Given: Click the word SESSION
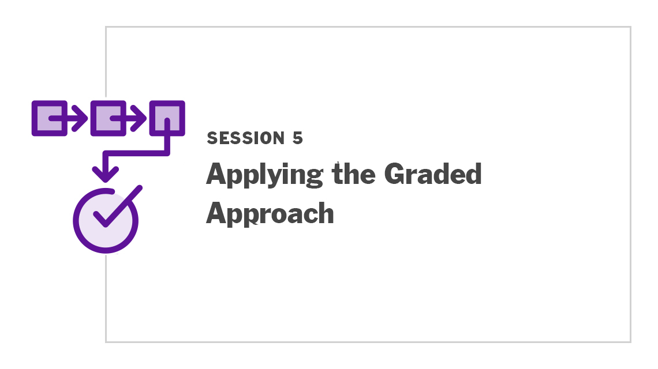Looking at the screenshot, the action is [246, 138].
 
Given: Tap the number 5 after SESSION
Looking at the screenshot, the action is [297, 138].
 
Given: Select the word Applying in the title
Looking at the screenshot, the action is [265, 175].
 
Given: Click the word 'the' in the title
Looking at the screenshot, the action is [353, 174].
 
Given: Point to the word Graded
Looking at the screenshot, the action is [433, 174].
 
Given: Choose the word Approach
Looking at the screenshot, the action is [270, 214].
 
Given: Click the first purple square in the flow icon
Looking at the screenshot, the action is [50, 118].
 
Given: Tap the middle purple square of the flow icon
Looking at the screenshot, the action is [109, 118].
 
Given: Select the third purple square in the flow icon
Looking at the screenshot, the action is [167, 118].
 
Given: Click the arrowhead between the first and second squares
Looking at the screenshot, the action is [80, 118].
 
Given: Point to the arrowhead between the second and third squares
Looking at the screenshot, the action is [139, 118].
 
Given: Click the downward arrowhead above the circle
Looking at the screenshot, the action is [105, 174].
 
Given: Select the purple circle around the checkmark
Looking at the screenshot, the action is [74, 221].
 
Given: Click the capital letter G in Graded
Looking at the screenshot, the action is [396, 174].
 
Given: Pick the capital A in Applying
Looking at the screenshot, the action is [217, 174].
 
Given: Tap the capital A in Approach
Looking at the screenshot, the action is [217, 213].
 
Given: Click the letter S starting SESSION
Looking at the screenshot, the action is [212, 138].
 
